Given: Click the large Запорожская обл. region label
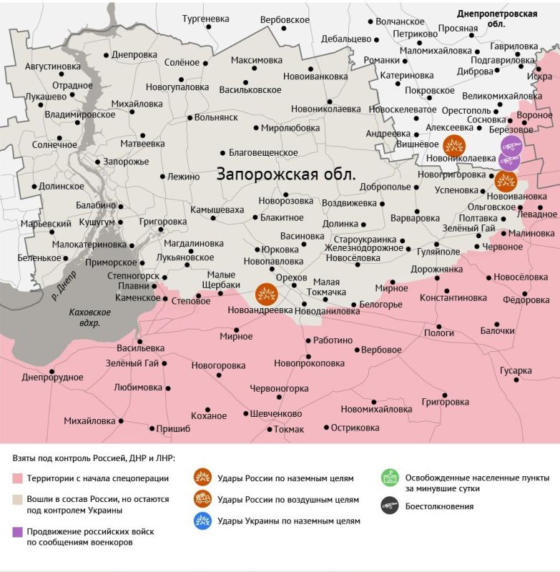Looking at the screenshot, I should (x=286, y=174).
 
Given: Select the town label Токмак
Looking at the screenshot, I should (x=289, y=429).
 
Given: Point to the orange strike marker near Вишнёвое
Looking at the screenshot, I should (x=453, y=145).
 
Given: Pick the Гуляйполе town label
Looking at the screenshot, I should (x=438, y=252).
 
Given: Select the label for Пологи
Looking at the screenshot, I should (x=439, y=332).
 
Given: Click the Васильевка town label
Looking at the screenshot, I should (x=140, y=348).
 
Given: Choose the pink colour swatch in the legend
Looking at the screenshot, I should (x=17, y=478).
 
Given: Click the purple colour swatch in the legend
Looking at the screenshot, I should (x=17, y=531).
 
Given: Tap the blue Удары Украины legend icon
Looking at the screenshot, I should (x=203, y=521).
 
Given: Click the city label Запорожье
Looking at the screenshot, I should (x=126, y=162).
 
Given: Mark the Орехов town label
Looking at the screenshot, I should (x=291, y=277).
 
